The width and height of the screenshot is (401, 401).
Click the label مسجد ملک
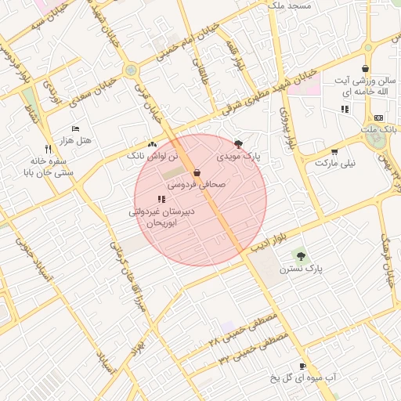pyautogui.click(x=289, y=5)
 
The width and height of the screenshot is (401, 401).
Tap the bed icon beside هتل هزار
pyautogui.click(x=75, y=128)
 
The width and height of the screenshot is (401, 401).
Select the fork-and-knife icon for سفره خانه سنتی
pyautogui.click(x=48, y=148)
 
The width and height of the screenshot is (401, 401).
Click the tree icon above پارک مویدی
pyautogui.click(x=238, y=144)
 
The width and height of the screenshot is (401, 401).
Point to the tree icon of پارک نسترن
pyautogui.click(x=301, y=255)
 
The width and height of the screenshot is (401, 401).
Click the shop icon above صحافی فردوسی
pyautogui.click(x=197, y=172)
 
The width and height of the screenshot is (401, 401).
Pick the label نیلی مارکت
pyautogui.click(x=335, y=164)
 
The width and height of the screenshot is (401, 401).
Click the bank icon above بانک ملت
pyautogui.click(x=379, y=117)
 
